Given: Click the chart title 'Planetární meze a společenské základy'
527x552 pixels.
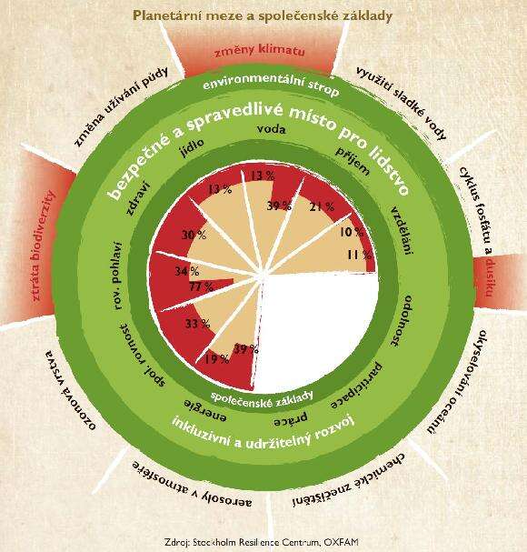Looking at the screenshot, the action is pos(263,15).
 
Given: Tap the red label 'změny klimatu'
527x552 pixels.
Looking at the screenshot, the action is pos(260,51).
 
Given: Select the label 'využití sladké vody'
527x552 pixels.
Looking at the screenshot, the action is pos(402,103).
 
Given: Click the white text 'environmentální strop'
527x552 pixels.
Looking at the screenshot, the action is pos(272,85).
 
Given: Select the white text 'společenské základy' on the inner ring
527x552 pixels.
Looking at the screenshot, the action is pos(262,398).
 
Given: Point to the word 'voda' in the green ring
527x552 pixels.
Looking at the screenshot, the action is pos(272,129).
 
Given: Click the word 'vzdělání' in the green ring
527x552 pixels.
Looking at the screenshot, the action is pos(403,230).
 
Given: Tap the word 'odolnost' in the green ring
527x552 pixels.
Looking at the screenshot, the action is pos(401,321).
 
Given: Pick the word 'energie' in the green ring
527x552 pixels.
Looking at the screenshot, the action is pos(205,410).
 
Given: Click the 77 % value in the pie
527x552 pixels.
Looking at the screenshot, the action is pos(201,286).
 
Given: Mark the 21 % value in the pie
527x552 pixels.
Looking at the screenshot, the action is pos(322,206).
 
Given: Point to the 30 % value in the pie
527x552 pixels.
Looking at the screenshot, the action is pos(194,235).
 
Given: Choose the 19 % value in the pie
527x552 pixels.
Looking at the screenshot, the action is pos(217,358).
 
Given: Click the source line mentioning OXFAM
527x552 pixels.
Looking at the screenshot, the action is pos(262,542).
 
